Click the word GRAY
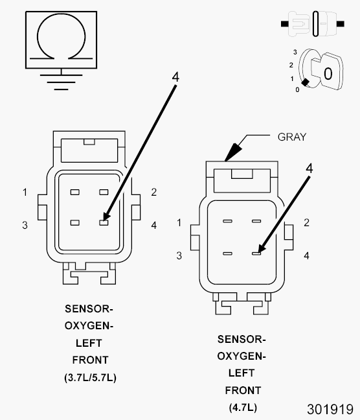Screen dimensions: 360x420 click(292, 137)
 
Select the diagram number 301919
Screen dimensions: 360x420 click(330, 409)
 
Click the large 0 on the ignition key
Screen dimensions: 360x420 click(328, 74)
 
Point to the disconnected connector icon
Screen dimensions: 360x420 click(312, 24)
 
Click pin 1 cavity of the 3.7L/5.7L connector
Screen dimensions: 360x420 click(75, 192)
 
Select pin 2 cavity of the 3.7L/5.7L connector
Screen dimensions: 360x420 click(104, 192)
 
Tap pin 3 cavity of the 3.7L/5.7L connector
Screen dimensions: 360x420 click(75, 222)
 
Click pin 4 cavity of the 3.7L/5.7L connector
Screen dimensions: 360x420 click(104, 222)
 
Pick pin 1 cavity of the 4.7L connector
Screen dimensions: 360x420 click(227, 221)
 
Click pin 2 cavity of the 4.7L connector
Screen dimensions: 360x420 click(256, 221)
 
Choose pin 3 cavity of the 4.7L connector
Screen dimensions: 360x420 click(227, 253)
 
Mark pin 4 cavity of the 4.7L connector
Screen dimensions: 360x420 click(256, 253)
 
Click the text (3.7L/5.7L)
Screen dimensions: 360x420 click(90, 377)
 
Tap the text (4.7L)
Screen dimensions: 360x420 click(243, 408)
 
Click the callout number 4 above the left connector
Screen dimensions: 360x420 click(175, 77)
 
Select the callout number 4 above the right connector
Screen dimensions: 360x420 click(309, 169)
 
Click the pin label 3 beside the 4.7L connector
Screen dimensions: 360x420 click(179, 255)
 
